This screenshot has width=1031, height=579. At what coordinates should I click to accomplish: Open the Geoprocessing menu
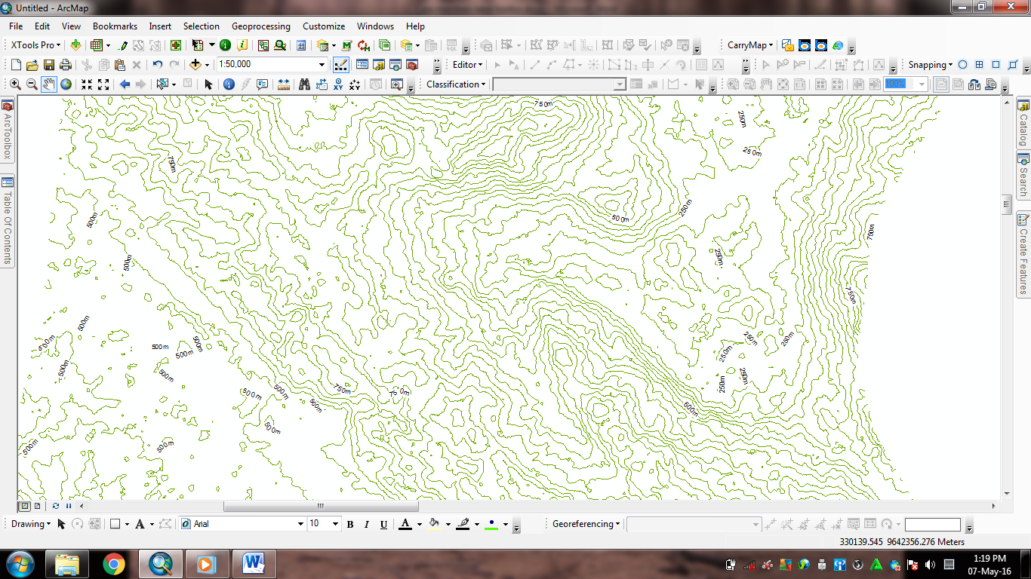261,26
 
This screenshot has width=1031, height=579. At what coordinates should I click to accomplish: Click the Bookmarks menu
115,26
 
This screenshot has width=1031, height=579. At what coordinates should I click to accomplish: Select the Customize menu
324,26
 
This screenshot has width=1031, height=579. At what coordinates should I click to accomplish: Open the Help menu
415,26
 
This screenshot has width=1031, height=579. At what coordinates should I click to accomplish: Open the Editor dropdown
467,65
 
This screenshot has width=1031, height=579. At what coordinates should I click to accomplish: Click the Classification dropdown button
456,84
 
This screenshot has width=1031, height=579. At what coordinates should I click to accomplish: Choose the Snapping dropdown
930,65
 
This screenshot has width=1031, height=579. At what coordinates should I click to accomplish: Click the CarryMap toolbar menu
749,45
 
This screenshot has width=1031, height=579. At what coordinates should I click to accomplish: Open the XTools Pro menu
35,45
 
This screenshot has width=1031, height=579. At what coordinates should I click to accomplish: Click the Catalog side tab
1023,124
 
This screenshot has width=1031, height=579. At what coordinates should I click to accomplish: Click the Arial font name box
242,524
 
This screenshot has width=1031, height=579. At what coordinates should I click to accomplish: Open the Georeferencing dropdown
586,524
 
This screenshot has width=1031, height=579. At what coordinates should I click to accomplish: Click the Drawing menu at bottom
31,524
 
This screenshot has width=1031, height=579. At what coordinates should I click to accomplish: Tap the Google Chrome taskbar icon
114,564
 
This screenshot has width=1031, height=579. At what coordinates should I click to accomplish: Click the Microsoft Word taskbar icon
253,564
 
